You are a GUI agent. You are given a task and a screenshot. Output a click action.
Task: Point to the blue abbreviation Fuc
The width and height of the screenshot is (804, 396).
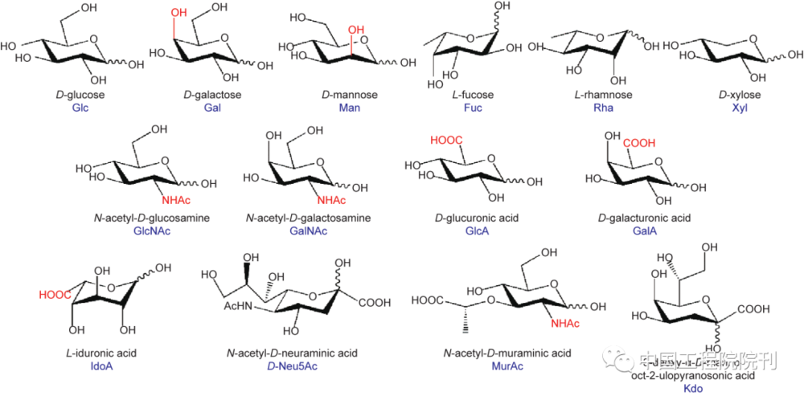[472, 108]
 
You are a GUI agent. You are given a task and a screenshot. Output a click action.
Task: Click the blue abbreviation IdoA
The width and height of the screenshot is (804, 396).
[101, 366]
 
